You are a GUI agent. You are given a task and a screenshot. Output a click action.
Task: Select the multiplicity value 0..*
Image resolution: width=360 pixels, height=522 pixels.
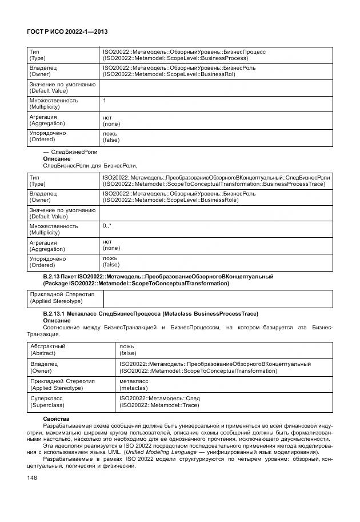coord(107,226)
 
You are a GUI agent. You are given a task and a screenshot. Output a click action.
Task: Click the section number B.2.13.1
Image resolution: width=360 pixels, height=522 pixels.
coord(56,313)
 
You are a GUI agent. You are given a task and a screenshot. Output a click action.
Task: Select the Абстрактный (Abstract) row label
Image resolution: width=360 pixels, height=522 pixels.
coord(47,349)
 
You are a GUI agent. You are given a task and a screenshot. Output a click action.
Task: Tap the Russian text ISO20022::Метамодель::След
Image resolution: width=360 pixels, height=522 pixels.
coord(159,397)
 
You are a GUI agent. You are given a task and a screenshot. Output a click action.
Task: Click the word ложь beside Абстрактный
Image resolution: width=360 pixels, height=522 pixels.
coord(126,346)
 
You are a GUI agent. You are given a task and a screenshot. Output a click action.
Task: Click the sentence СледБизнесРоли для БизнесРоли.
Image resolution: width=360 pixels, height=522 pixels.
coord(90,165)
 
